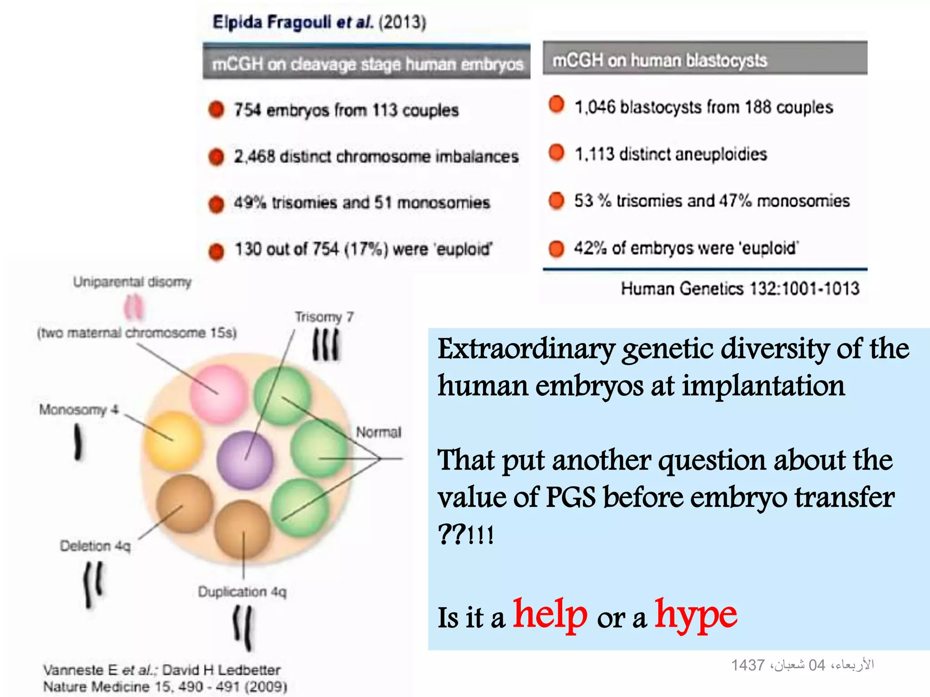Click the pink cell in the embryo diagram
coord(219,394)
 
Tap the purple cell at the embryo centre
coord(245,460)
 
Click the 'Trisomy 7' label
coord(324,317)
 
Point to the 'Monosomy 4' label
coord(79,410)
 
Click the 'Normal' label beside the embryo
coord(378,432)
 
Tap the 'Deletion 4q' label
coord(95,546)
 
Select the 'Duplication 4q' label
coord(242,592)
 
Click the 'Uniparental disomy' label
coord(132,282)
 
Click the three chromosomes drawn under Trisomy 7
coord(326,345)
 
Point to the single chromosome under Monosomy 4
coord(78,442)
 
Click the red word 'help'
coord(550,615)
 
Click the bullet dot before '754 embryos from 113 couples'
coord(216,109)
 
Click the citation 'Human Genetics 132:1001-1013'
coord(740,289)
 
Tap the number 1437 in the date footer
coord(747,665)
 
